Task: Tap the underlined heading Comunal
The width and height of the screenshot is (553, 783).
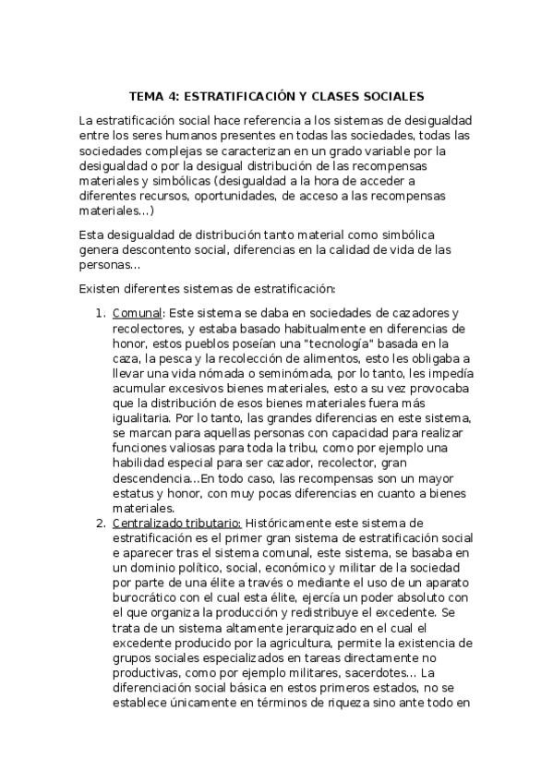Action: (x=137, y=314)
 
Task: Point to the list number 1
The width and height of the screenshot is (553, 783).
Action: (x=101, y=314)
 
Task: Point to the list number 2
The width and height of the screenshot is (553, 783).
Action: (x=101, y=524)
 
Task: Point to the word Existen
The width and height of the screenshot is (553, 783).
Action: (x=100, y=287)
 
